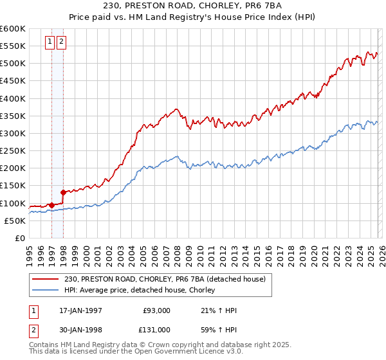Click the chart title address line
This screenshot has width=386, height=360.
(192, 7)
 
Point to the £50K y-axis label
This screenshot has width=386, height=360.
(14, 221)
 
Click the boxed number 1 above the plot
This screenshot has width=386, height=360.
(50, 42)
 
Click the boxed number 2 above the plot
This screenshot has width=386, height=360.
(62, 42)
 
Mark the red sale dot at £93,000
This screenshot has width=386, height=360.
(52, 206)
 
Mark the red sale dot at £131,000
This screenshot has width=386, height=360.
(63, 192)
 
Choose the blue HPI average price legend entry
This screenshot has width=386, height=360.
(142, 291)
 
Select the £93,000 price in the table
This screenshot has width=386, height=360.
(157, 310)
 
